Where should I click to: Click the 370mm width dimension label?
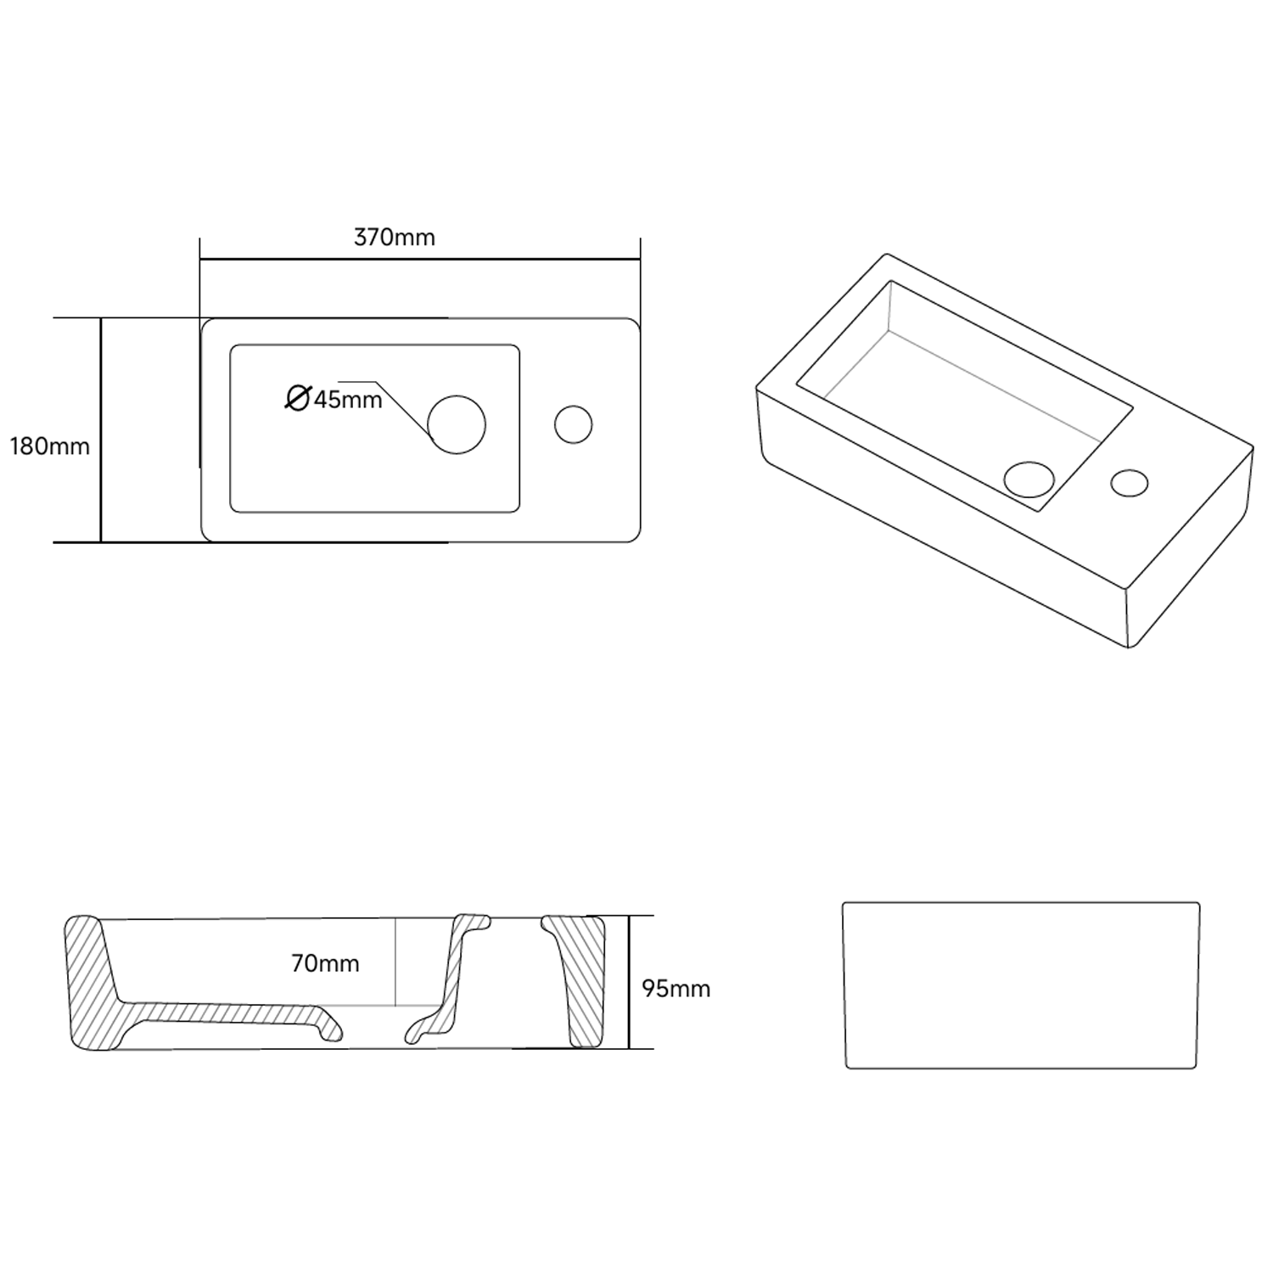coord(395,238)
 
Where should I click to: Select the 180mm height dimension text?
coord(49,446)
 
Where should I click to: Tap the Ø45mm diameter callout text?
coord(335,399)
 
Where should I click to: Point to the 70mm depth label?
coord(325,964)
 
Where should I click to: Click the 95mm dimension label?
coord(676,989)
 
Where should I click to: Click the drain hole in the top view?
coord(457,424)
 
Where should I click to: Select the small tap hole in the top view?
coord(574,425)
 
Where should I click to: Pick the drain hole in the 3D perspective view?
coord(1029,479)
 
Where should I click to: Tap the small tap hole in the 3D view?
coord(1129,483)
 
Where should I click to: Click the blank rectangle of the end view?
coord(1021,985)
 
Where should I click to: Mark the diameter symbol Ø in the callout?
coord(297,397)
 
